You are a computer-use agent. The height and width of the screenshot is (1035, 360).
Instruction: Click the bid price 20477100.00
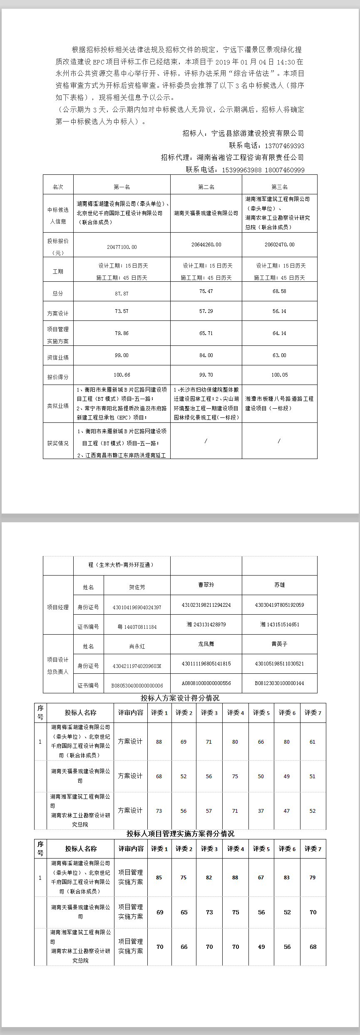click(122, 247)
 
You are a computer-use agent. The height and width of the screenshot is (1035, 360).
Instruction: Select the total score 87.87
click(122, 293)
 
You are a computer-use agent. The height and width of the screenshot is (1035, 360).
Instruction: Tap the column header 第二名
click(206, 187)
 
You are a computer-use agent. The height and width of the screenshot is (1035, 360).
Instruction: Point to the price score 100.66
click(122, 375)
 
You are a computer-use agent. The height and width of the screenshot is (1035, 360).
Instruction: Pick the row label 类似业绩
click(58, 405)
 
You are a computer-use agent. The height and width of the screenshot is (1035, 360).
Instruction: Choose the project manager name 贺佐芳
click(137, 587)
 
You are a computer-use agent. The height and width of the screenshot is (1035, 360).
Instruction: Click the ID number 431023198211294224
click(206, 605)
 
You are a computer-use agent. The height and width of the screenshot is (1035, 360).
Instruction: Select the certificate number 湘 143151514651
click(279, 624)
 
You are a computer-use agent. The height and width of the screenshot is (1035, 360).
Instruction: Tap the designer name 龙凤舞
click(206, 643)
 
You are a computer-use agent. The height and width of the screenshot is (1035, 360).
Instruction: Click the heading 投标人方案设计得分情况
click(180, 697)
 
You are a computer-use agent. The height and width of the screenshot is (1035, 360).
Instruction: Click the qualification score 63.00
click(279, 355)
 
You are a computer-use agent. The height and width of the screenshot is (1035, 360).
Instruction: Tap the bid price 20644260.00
click(206, 244)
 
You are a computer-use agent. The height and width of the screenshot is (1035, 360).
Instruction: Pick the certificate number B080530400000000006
click(137, 685)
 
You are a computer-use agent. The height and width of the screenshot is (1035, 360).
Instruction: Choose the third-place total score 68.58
click(279, 291)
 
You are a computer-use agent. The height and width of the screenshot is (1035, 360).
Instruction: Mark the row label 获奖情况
click(58, 443)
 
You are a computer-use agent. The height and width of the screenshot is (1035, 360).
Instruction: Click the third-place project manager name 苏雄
click(279, 585)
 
